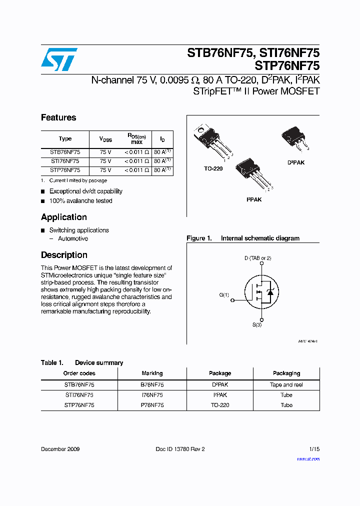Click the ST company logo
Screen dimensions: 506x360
pos(59,59)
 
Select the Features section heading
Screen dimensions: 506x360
pos(58,117)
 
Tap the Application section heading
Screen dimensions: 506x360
pos(63,217)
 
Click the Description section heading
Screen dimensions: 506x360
pos(64,255)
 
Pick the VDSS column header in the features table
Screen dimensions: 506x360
pos(105,139)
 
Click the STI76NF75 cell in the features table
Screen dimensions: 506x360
pos(65,161)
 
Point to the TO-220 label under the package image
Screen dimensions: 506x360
pos(213,169)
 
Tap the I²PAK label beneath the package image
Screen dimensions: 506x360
pos(253,199)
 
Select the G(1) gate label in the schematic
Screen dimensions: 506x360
pos(224,295)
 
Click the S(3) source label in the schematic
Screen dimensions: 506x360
pos(256,325)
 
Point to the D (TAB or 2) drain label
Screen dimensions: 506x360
pos(257,258)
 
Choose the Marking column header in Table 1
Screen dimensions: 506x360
pos(152,373)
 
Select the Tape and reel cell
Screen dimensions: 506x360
pos(286,385)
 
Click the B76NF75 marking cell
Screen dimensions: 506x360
pos(152,385)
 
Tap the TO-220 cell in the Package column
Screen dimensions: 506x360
pos(220,405)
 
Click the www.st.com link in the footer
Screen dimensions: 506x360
pos(308,459)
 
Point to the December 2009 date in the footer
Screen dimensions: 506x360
pos(60,449)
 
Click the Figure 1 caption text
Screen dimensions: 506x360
pos(243,238)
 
